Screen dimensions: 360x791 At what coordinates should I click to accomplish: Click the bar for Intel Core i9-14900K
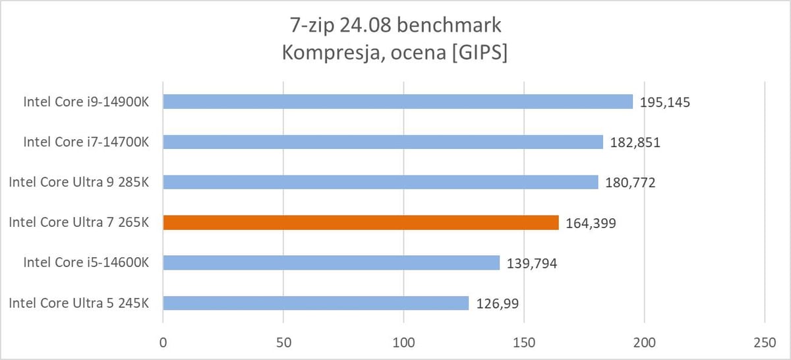pyautogui.click(x=397, y=102)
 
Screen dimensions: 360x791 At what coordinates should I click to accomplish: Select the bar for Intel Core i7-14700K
pyautogui.click(x=383, y=142)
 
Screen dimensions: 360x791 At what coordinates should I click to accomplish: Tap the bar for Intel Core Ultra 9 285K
pyautogui.click(x=380, y=182)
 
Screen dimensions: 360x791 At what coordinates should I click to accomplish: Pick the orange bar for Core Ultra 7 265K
pyautogui.click(x=361, y=222)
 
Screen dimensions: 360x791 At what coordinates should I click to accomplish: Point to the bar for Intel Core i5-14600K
pyautogui.click(x=331, y=262)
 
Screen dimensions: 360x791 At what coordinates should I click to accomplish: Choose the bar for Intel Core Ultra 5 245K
pyautogui.click(x=316, y=303)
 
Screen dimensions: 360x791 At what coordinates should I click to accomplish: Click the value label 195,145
pyautogui.click(x=665, y=102)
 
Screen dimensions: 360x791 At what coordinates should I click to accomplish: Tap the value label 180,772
pyautogui.click(x=630, y=183)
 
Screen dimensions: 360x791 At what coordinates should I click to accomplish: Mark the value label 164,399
pyautogui.click(x=591, y=223)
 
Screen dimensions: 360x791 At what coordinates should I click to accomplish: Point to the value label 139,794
pyautogui.click(x=532, y=264)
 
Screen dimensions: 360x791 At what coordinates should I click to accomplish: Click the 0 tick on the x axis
pyautogui.click(x=163, y=344)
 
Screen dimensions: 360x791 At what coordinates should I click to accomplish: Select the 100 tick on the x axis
pyautogui.click(x=403, y=344)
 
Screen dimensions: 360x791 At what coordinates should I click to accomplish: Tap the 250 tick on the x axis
pyautogui.click(x=763, y=344)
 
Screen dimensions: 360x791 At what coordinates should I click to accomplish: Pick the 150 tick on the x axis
pyautogui.click(x=524, y=344)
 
